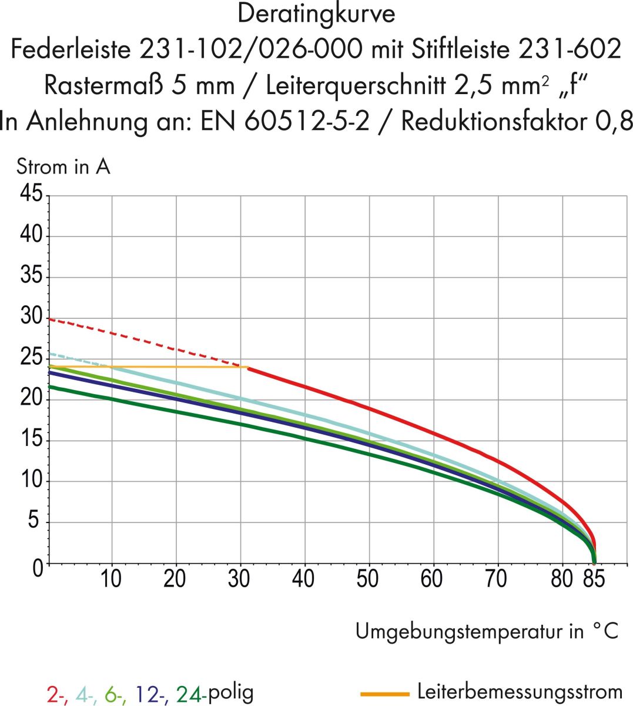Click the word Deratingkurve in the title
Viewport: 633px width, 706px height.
[316, 14]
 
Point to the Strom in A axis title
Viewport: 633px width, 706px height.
[63, 167]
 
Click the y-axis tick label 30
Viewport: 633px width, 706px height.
[31, 317]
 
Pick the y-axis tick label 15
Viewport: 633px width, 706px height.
[31, 439]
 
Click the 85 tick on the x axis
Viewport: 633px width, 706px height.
[594, 579]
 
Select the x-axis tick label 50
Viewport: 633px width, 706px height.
[367, 579]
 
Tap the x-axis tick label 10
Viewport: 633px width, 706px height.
[110, 579]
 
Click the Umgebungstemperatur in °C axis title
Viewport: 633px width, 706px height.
[487, 631]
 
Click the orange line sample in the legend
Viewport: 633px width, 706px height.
[384, 694]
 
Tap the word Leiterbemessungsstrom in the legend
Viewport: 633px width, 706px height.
[520, 692]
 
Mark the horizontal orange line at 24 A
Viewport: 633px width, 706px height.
[147, 367]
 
